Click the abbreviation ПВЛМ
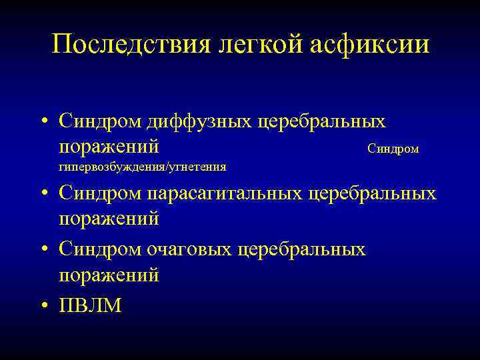click(91, 305)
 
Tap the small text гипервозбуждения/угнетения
click(142, 167)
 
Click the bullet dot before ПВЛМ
click(43, 305)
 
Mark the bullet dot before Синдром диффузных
click(43, 121)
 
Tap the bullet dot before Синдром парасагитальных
click(43, 193)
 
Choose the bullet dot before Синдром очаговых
click(43, 249)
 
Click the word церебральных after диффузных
click(331, 121)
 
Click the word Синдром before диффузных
click(95, 121)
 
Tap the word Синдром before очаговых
click(95, 249)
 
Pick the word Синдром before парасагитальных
click(95, 193)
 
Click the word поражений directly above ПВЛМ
click(109, 275)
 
